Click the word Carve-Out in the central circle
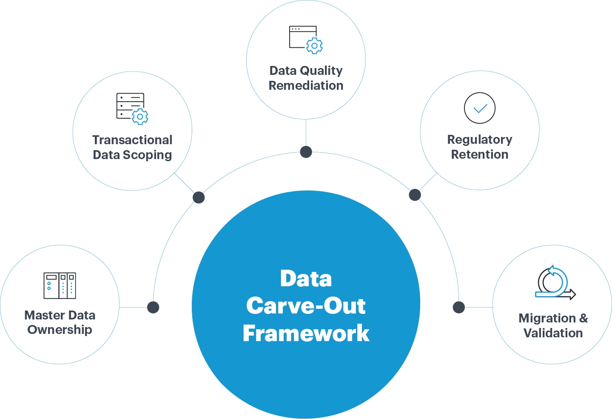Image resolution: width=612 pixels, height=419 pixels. point(306,306)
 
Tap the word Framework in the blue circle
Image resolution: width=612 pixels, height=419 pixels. point(306,333)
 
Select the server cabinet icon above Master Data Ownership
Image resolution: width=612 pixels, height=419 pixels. point(60,285)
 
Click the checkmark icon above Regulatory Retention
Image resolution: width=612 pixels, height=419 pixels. point(480,108)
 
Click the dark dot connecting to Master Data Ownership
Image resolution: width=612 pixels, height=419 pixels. point(153,307)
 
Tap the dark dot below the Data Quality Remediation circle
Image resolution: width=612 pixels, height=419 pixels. point(306,152)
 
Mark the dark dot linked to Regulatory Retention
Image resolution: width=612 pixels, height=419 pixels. point(415,195)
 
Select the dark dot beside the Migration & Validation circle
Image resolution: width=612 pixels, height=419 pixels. point(459,307)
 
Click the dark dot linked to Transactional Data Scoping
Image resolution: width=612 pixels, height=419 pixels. point(199,197)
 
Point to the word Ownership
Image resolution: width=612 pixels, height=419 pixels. point(60,330)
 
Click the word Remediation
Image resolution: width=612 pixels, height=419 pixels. point(306,86)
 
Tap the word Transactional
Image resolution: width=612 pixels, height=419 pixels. point(132,140)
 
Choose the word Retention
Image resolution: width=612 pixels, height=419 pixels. point(479,154)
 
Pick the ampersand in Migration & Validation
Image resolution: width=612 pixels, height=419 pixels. point(584,318)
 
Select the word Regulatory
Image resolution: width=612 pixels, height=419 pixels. point(479,140)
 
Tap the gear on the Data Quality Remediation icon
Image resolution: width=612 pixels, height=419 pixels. point(314,46)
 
